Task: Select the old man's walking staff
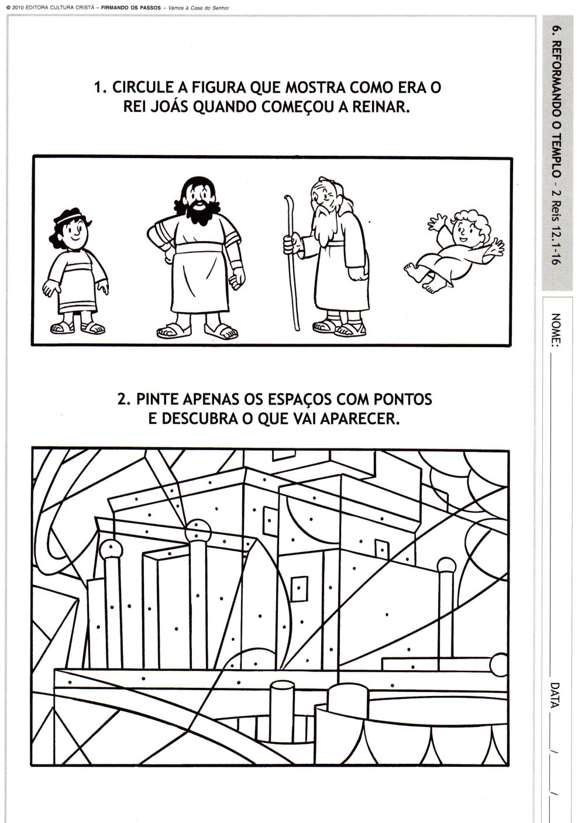(x=292, y=263)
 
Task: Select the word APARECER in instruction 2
(x=359, y=419)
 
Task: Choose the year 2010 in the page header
(x=17, y=8)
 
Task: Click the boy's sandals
(x=77, y=328)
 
